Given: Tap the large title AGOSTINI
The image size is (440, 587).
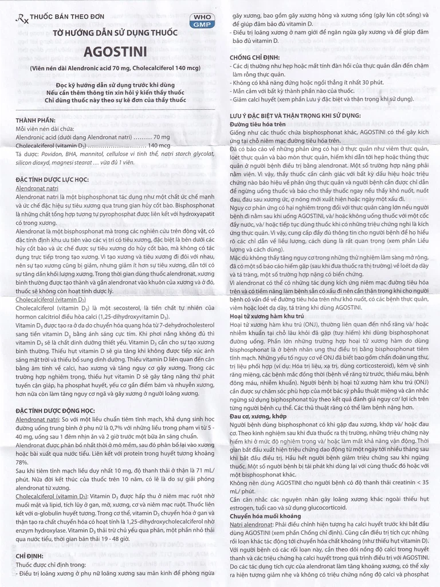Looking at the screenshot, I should (108, 52).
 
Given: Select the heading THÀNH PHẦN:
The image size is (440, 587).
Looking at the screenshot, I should (36, 120).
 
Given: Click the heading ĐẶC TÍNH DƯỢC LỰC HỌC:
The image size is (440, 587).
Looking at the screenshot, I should (52, 179).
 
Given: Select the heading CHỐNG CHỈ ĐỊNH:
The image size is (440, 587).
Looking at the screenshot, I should (254, 58).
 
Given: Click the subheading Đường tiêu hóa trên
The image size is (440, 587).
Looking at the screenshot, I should (258, 123).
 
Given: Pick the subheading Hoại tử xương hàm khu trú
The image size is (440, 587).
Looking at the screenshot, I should (266, 316).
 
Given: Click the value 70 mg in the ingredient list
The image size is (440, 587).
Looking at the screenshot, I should (162, 137).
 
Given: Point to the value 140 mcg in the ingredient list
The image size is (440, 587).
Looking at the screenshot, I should (157, 146).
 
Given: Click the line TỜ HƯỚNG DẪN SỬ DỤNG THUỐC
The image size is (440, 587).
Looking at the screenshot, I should (108, 33).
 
